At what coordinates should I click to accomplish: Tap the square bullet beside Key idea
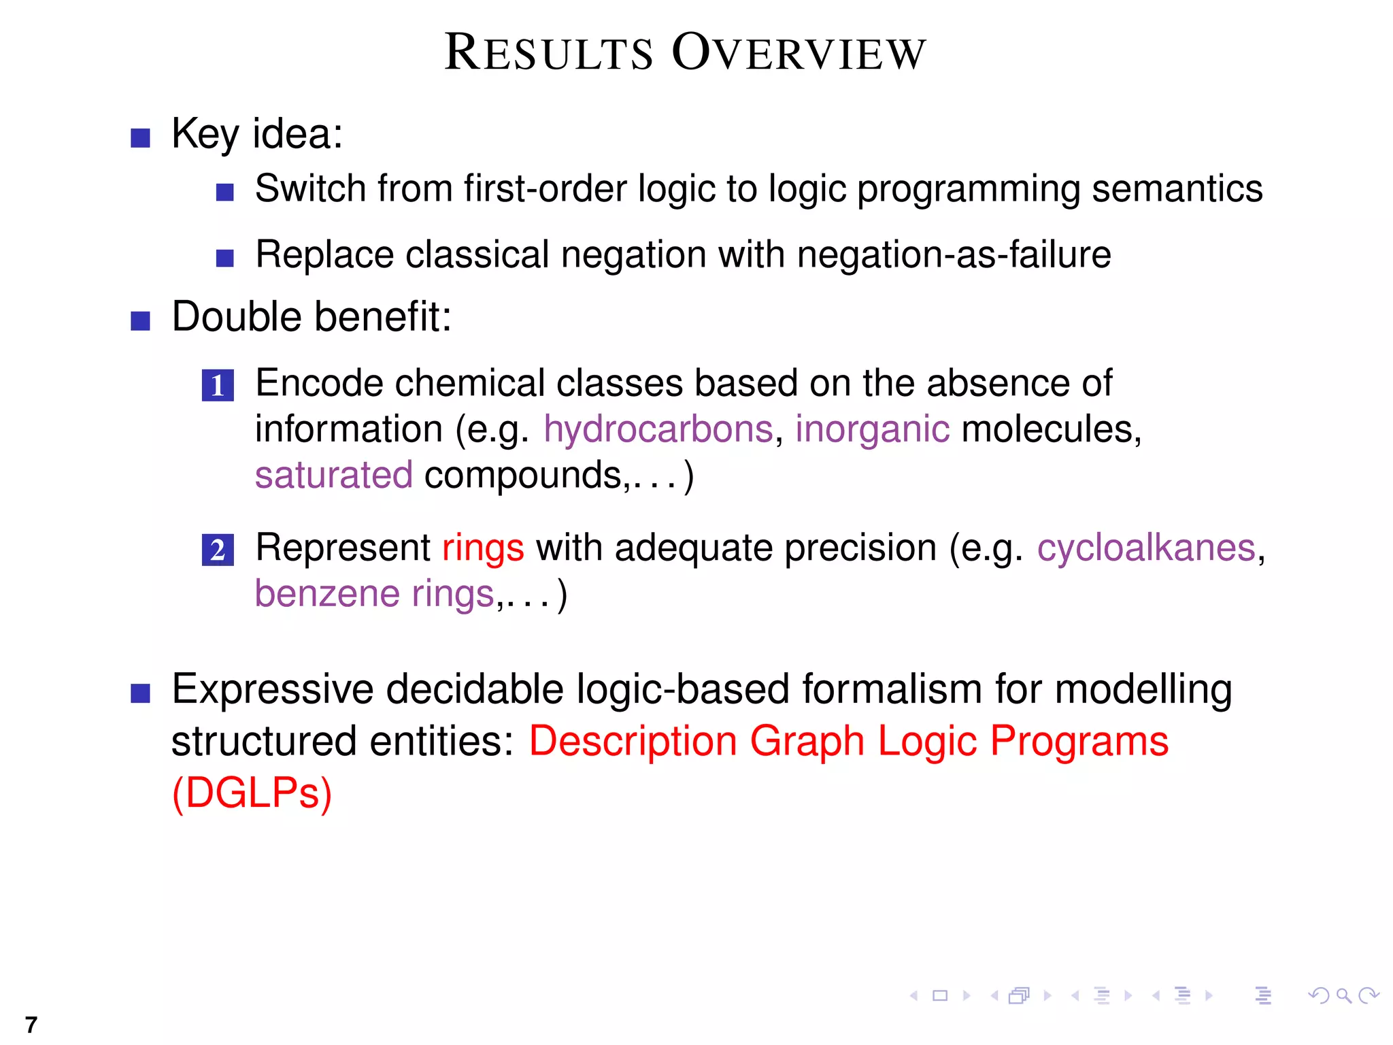140,137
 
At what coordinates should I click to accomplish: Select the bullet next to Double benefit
140,320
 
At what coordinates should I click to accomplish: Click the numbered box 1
218,385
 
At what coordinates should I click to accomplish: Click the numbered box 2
218,550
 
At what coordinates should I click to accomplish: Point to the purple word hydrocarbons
658,429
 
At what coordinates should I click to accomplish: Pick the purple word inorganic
872,429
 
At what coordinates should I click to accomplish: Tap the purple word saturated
333,475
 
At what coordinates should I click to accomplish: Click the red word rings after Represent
483,548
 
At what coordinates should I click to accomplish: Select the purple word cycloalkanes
1145,548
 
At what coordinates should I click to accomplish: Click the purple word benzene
327,594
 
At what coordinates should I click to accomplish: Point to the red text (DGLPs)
252,793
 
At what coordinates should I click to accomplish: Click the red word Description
633,741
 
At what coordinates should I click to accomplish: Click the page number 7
31,1024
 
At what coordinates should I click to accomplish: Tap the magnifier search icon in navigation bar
1343,996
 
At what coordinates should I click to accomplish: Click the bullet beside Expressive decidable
140,693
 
